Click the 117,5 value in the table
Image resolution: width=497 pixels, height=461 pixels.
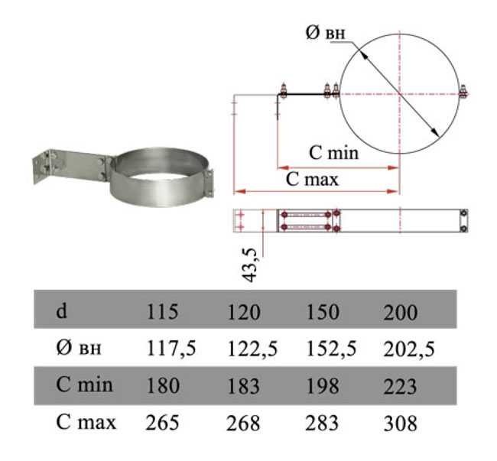[x=171, y=349]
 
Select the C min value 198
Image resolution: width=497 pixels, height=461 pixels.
[x=323, y=386]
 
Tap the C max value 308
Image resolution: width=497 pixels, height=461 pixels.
[x=401, y=424]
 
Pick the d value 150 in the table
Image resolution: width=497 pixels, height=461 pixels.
[x=323, y=312]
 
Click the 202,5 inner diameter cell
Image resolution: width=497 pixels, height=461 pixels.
[x=409, y=349]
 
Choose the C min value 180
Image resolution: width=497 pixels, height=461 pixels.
[x=163, y=386]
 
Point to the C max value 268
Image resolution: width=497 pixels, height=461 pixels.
[x=243, y=424]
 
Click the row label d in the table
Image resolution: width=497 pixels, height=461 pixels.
[x=61, y=310]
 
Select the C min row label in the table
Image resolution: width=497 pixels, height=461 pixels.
[x=84, y=385]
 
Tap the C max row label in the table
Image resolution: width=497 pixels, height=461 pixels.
[x=86, y=422]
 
